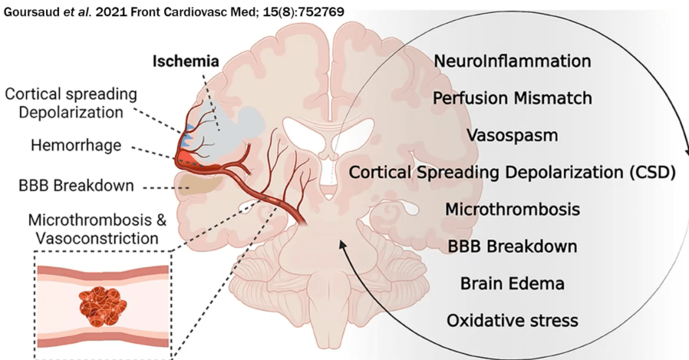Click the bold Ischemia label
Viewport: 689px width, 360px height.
coord(185,61)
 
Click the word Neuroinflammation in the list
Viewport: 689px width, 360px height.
coord(512,61)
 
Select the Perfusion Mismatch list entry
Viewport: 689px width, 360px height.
coord(512,98)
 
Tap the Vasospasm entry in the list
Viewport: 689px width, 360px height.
coord(512,135)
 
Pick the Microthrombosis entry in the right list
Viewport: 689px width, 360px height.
coord(512,209)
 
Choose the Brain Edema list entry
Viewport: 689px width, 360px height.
coord(512,283)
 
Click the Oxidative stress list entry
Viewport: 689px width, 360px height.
coord(512,319)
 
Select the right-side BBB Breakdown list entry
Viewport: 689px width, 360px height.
coord(512,246)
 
